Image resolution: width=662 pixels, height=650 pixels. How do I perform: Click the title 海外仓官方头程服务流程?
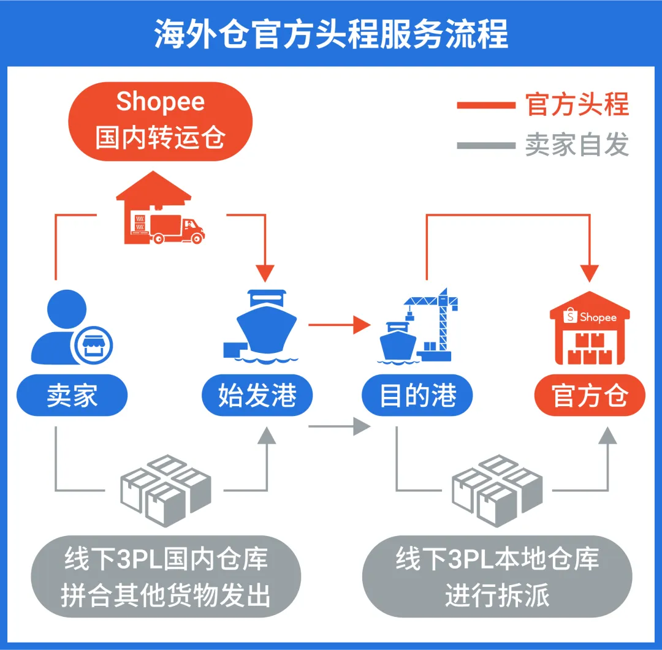tap(331, 34)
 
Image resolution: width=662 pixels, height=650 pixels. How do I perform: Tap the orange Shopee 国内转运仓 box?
tap(160, 121)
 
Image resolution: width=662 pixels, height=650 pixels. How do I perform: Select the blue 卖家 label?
tap(72, 396)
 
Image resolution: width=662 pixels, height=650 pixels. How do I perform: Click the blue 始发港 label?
tap(257, 396)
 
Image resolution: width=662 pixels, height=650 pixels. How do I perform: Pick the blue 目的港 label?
tap(417, 396)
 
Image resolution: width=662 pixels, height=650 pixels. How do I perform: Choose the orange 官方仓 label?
tap(590, 396)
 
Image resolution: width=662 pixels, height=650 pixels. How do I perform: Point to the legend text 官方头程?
tap(577, 105)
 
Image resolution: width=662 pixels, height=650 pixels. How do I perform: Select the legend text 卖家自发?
tap(577, 145)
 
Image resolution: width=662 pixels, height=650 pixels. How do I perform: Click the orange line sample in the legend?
tap(485, 105)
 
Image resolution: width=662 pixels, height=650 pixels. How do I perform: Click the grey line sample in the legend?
tap(485, 146)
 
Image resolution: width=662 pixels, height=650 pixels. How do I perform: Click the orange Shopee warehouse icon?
tap(590, 331)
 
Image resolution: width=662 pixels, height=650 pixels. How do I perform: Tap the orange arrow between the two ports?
tap(340, 324)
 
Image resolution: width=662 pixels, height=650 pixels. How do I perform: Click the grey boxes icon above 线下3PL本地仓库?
tap(496, 490)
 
